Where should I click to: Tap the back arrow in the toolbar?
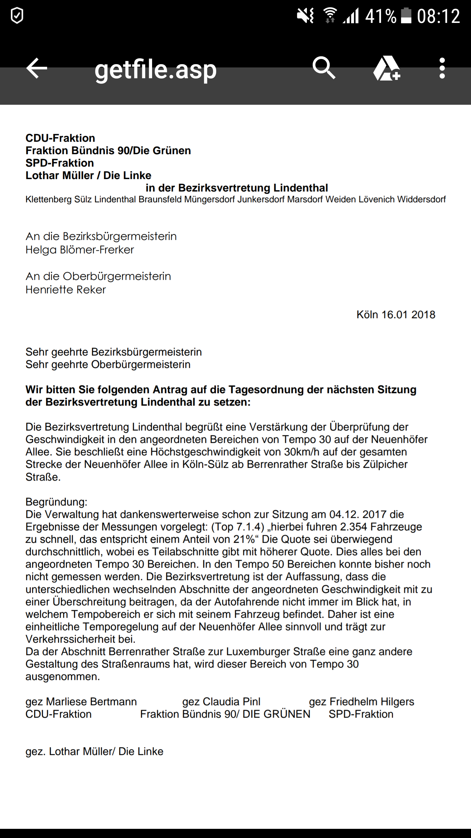coord(37,68)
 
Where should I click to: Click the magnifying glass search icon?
coord(323,68)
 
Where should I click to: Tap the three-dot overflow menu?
coord(442,68)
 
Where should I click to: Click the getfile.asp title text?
coord(155,69)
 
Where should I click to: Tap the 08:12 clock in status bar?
coord(438,16)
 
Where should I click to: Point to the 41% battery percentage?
coord(380,16)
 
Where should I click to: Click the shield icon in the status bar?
coord(17,16)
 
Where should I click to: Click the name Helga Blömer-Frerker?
coord(80,250)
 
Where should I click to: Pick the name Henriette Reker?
coord(66,290)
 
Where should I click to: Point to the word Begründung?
coord(56,502)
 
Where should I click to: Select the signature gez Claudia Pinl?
coord(221,701)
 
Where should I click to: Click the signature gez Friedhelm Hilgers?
coord(361,701)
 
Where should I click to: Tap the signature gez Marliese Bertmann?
coord(81,701)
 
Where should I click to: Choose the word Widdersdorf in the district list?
coord(421,199)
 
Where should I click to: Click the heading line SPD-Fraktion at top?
coord(60,163)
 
